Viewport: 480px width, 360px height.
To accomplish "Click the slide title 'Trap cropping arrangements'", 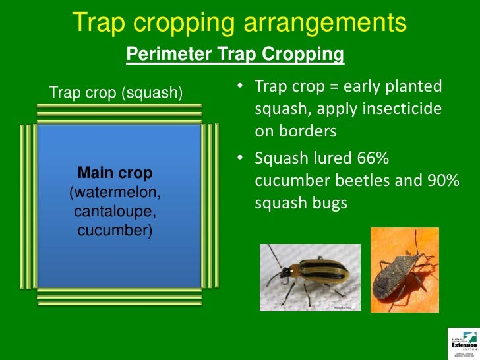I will (239, 22).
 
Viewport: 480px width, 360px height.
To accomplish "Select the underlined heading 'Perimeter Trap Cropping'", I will (235, 55).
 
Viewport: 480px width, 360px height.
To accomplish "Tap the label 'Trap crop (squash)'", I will (116, 92).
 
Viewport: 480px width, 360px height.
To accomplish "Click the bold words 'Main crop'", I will (115, 173).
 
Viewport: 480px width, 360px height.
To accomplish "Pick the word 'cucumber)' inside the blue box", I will (115, 231).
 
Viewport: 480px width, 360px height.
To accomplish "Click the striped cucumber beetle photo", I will (310, 277).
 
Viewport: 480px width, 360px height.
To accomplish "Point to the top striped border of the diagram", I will (119, 114).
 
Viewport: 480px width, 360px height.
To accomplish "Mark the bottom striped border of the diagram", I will (119, 297).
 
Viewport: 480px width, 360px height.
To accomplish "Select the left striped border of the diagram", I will (28, 206).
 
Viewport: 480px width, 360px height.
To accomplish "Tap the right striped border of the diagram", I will (210, 206).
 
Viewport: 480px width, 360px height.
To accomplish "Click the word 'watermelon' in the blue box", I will (115, 193).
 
